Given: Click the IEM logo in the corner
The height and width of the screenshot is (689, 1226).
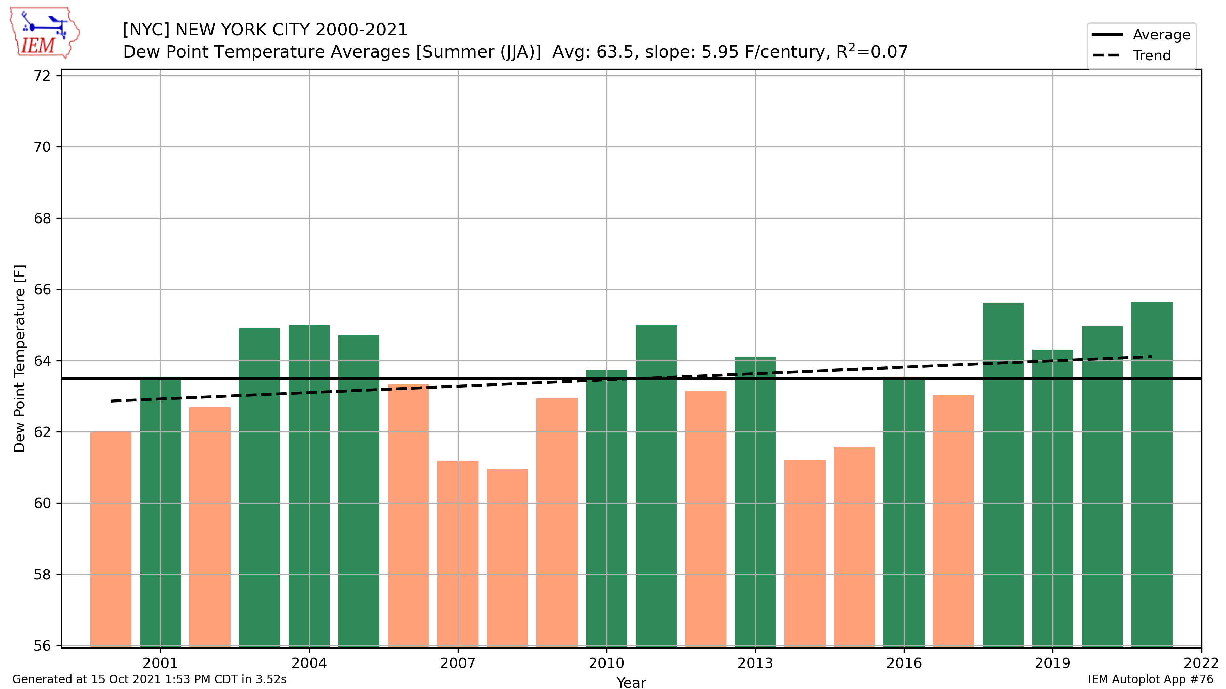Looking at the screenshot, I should click(x=44, y=33).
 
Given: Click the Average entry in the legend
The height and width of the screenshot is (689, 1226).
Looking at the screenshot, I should click(x=1161, y=35).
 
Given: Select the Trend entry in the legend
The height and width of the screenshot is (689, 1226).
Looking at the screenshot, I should click(x=1151, y=56).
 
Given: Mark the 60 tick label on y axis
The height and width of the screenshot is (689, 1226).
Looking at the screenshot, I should click(x=42, y=503).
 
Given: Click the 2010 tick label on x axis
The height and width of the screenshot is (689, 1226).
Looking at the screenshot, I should click(x=606, y=663).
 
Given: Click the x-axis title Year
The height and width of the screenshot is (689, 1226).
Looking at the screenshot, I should click(x=631, y=682).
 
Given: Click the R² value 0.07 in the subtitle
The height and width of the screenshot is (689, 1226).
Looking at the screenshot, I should click(x=889, y=51).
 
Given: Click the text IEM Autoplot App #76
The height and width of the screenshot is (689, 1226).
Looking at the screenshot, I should click(x=1150, y=679).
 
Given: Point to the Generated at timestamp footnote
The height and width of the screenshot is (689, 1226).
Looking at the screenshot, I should click(x=149, y=679).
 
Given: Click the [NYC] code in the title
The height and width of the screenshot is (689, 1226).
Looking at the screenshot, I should click(x=146, y=30).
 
